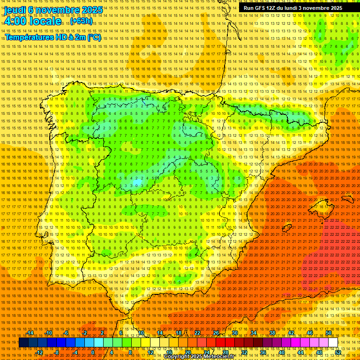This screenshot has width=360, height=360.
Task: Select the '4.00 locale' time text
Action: [32, 21]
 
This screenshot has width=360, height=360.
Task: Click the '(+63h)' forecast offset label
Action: [81, 22]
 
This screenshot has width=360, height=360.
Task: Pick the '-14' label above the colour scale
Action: [30, 333]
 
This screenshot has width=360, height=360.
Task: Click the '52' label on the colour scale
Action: [337, 352]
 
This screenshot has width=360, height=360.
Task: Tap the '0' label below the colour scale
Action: [93, 352]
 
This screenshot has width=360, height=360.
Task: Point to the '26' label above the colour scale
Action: [216, 333]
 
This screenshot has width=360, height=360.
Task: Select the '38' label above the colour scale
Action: [272, 333]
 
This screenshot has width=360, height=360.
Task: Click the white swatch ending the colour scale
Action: [333, 343]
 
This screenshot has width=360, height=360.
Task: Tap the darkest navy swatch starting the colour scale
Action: [23, 343]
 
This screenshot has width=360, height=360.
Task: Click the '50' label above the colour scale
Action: [328, 333]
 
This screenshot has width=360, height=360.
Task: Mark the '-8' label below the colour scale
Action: [57, 352]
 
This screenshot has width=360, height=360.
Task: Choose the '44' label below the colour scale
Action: [300, 352]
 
